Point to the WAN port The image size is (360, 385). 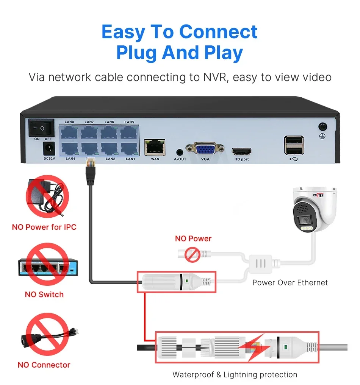(155, 147)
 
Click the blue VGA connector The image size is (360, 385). (205, 149)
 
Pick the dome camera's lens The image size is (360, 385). (305, 221)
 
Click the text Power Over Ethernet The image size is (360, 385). (290, 282)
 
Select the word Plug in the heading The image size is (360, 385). (137, 53)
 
